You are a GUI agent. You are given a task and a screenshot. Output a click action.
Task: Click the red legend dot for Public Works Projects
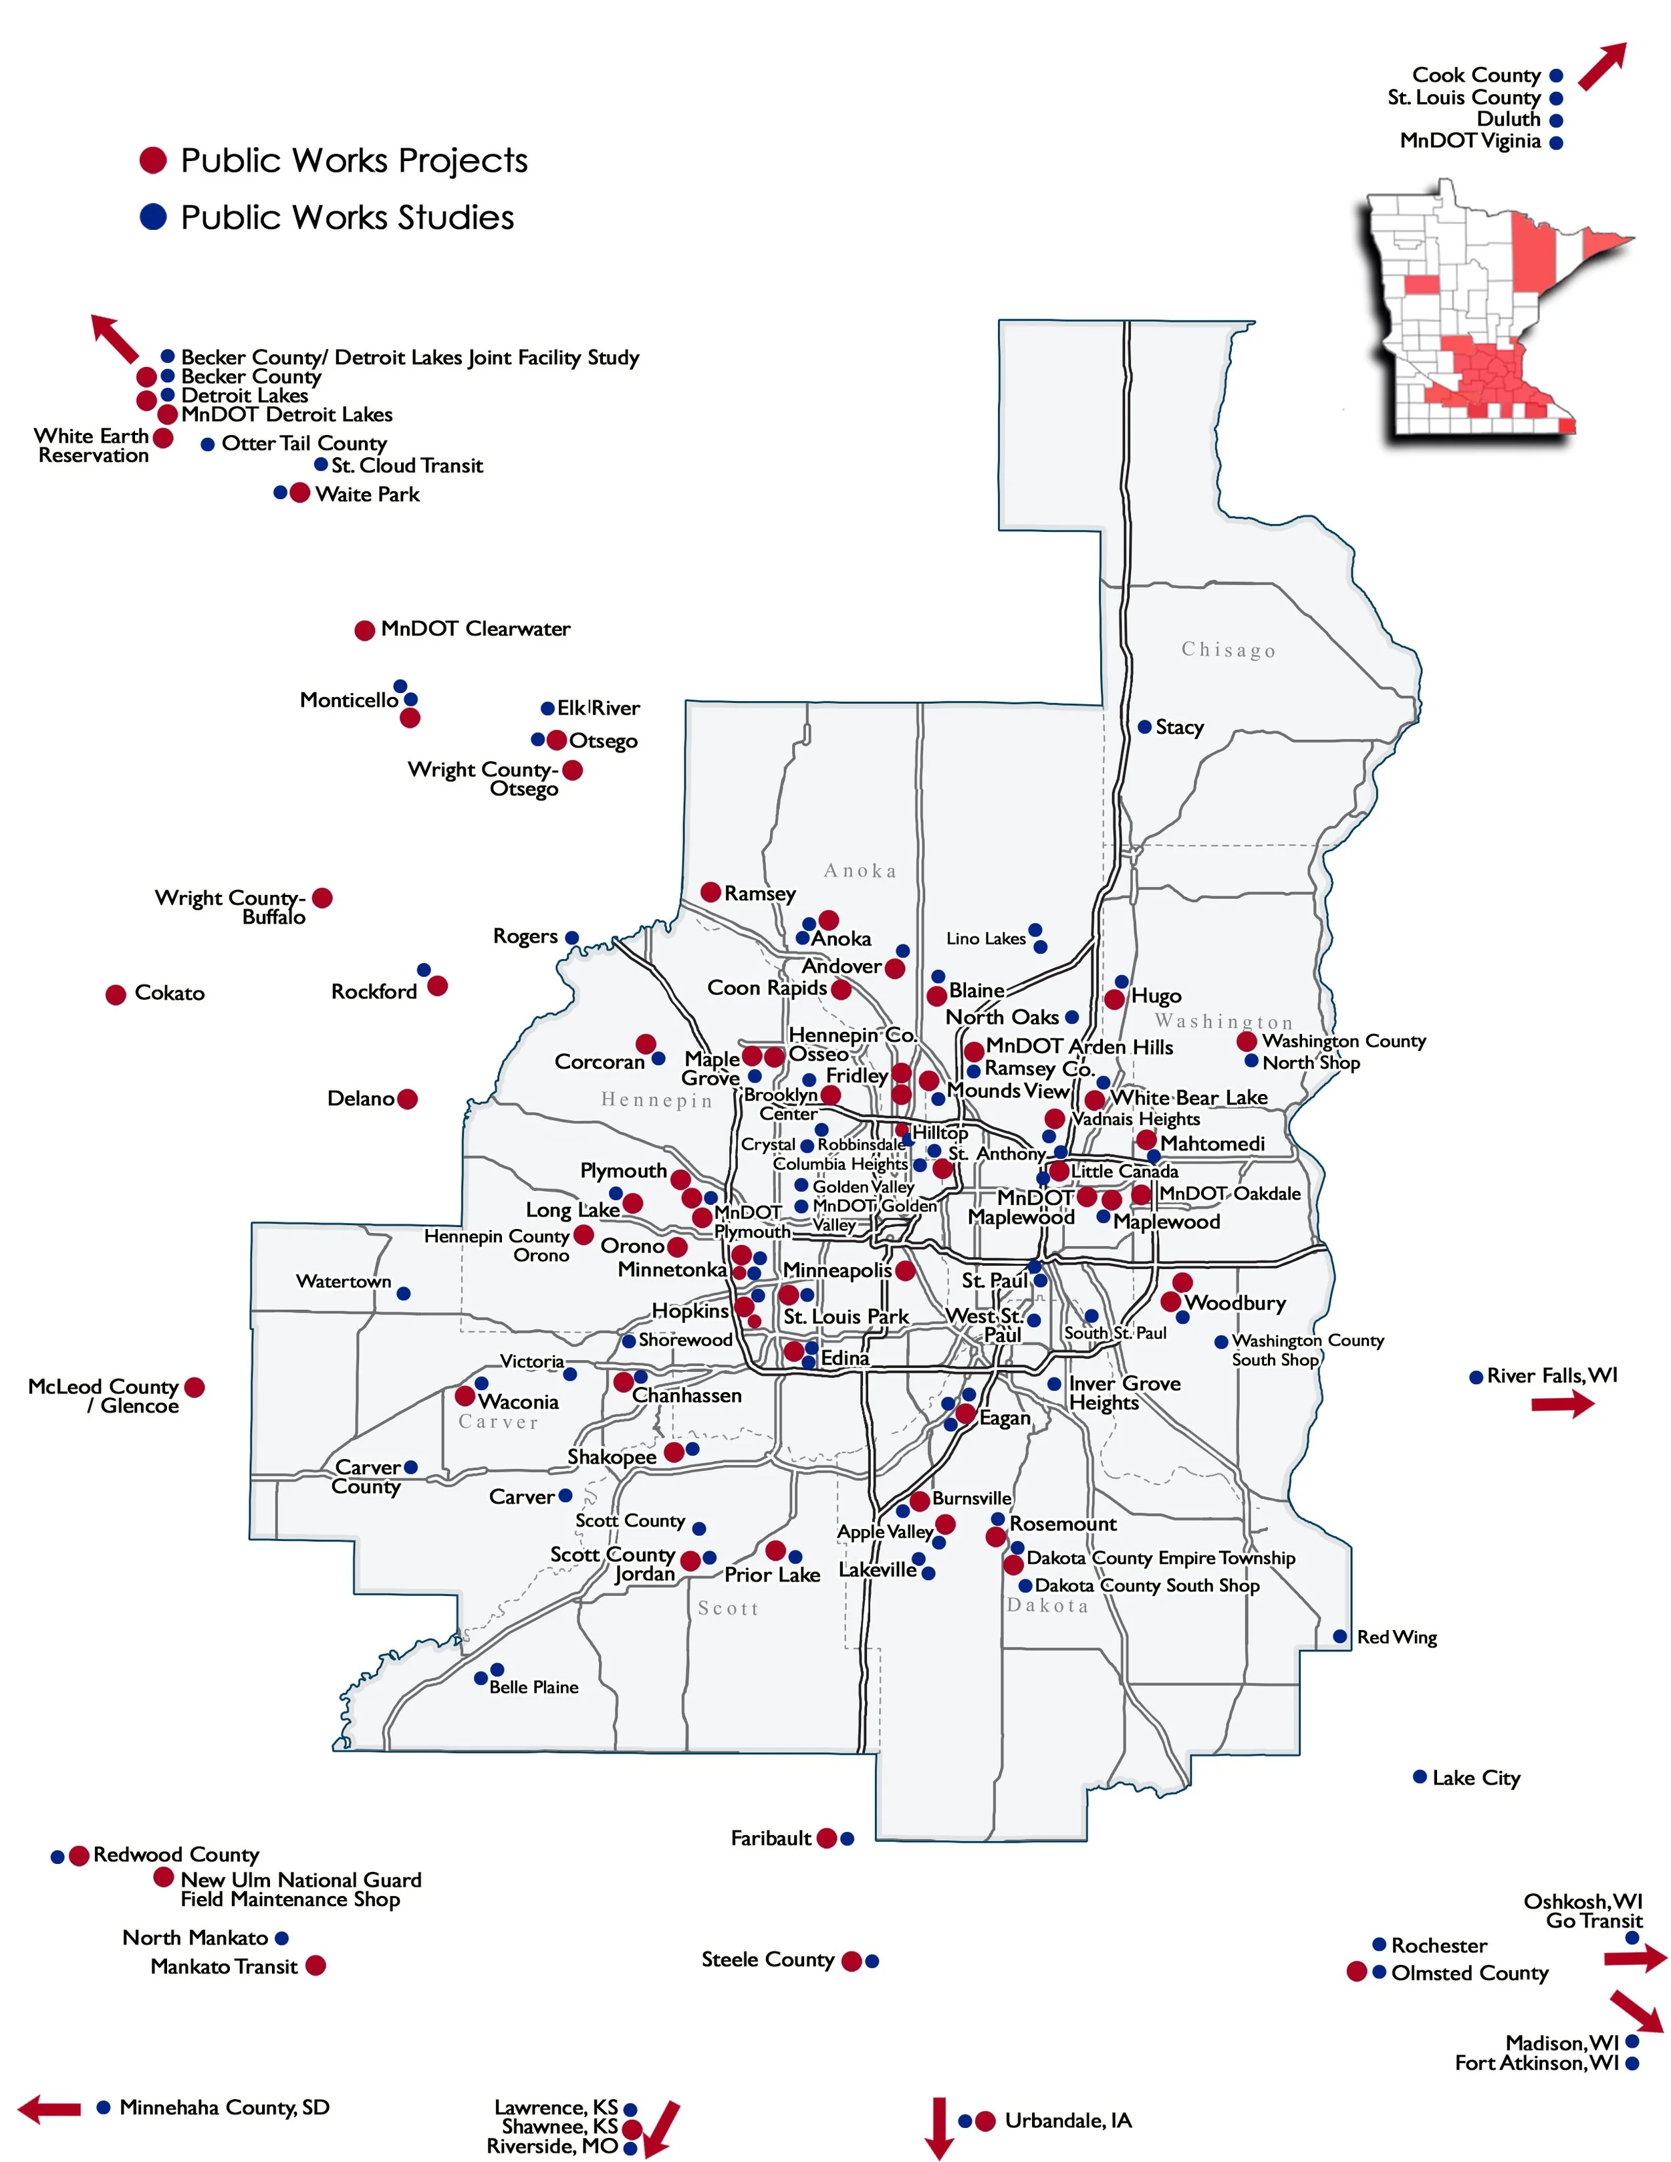click(x=152, y=160)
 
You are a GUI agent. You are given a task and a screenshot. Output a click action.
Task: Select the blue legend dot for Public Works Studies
click(x=152, y=217)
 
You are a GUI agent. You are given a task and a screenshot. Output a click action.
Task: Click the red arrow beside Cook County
click(x=1601, y=66)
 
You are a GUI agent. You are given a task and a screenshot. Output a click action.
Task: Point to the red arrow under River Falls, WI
click(x=1562, y=1403)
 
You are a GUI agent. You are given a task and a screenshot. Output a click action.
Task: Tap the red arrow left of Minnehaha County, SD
click(x=49, y=2109)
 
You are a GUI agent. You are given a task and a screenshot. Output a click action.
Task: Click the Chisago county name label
click(x=1229, y=650)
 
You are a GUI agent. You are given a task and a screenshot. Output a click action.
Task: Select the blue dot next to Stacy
click(x=1144, y=726)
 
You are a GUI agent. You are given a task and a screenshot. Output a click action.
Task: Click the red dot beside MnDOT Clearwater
click(x=364, y=630)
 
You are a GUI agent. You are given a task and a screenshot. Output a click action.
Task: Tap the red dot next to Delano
click(x=407, y=1099)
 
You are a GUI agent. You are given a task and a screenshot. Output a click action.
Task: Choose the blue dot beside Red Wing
click(x=1339, y=1636)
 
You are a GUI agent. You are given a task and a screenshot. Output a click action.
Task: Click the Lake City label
click(x=1475, y=1778)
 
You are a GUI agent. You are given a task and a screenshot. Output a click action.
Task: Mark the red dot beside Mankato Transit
click(x=315, y=1965)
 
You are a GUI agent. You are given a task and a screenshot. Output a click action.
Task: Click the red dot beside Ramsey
click(x=710, y=892)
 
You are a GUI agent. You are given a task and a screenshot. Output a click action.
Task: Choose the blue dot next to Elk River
click(x=547, y=708)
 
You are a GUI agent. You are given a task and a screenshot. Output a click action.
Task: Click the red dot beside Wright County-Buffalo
click(x=322, y=898)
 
